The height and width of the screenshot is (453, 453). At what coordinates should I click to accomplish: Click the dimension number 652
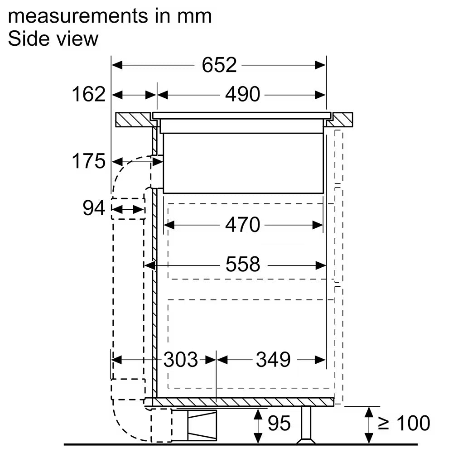[x=219, y=65]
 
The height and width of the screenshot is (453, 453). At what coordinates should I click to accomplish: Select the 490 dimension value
[x=243, y=95]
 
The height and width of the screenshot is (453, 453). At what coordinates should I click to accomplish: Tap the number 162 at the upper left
[x=88, y=94]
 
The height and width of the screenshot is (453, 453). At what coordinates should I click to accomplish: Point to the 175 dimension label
[x=88, y=161]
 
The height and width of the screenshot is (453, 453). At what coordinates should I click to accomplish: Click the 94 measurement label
[x=94, y=208]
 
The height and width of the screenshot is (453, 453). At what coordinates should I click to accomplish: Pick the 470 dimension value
[x=243, y=225]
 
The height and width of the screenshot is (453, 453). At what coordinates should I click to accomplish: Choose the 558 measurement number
[x=243, y=264]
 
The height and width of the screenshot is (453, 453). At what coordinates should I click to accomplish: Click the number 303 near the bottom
[x=181, y=360]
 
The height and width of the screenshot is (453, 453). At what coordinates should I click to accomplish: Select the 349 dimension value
[x=273, y=360]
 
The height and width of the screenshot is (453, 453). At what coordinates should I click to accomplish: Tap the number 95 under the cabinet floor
[x=279, y=423]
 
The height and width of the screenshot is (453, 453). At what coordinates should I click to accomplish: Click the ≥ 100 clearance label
[x=404, y=423]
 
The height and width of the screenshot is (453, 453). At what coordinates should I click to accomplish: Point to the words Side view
[x=53, y=39]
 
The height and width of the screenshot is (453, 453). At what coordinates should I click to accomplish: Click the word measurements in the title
[x=78, y=16]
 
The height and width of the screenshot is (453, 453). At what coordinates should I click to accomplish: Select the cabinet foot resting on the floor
[x=306, y=425]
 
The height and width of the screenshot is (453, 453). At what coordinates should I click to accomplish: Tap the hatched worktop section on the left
[x=134, y=120]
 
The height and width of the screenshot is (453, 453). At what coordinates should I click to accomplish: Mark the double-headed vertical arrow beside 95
[x=258, y=426]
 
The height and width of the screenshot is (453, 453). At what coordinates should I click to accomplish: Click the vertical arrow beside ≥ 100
[x=369, y=425]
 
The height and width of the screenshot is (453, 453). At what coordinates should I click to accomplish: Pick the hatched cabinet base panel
[x=239, y=402]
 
